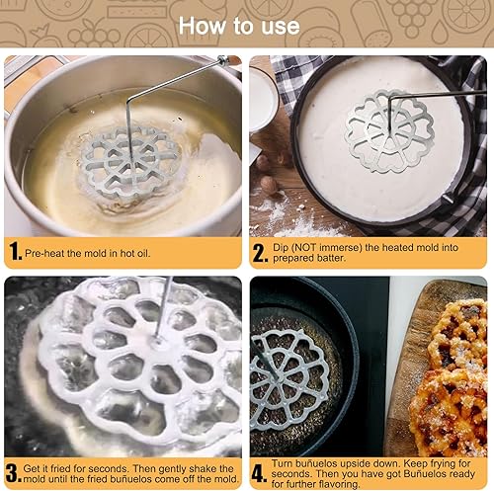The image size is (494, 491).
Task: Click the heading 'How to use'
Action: pyautogui.click(x=246, y=23)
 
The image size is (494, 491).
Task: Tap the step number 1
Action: pyautogui.click(x=14, y=252)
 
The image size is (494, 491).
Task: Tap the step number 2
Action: pyautogui.click(x=260, y=252)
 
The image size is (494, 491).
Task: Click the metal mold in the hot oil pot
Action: pyautogui.click(x=129, y=155)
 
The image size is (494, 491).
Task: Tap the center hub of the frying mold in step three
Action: pyautogui.click(x=156, y=340)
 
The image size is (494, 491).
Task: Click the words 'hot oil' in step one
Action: pyautogui.click(x=139, y=253)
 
